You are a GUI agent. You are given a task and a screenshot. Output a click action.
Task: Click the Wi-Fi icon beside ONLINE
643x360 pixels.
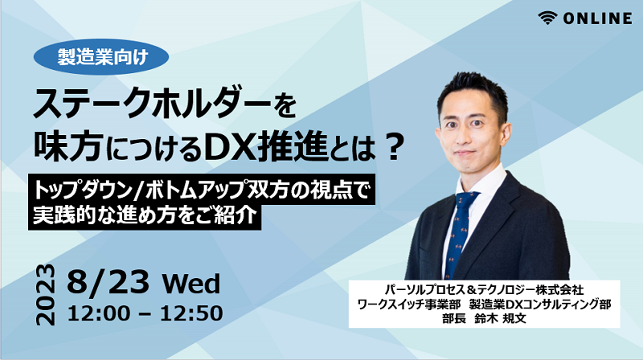pyautogui.click(x=547, y=18)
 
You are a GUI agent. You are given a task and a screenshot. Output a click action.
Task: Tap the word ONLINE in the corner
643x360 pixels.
pyautogui.click(x=597, y=18)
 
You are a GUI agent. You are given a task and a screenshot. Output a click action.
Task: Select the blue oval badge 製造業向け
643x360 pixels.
pyautogui.click(x=101, y=56)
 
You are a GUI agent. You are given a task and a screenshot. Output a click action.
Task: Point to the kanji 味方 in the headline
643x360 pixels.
pyautogui.click(x=68, y=146)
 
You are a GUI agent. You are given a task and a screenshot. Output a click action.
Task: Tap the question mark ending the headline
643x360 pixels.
pyautogui.click(x=394, y=147)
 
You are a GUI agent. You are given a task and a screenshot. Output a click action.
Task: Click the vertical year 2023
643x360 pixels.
pyautogui.click(x=46, y=295)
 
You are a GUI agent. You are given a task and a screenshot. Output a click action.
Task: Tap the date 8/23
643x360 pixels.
pyautogui.click(x=109, y=282)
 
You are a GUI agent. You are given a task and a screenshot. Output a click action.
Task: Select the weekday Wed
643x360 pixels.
pyautogui.click(x=191, y=284)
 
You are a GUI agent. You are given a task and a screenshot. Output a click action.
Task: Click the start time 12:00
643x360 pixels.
pyautogui.click(x=98, y=313)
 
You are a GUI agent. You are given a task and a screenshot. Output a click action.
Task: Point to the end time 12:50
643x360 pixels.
pyautogui.click(x=191, y=313)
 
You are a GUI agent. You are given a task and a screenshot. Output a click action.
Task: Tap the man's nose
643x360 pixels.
pyautogui.click(x=465, y=135)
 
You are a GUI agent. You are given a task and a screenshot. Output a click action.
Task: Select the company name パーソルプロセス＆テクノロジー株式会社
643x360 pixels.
pyautogui.click(x=485, y=290)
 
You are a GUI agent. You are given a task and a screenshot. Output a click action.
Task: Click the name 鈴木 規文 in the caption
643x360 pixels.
pyautogui.click(x=500, y=318)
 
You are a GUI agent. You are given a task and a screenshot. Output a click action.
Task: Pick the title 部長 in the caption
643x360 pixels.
pyautogui.click(x=454, y=318)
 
